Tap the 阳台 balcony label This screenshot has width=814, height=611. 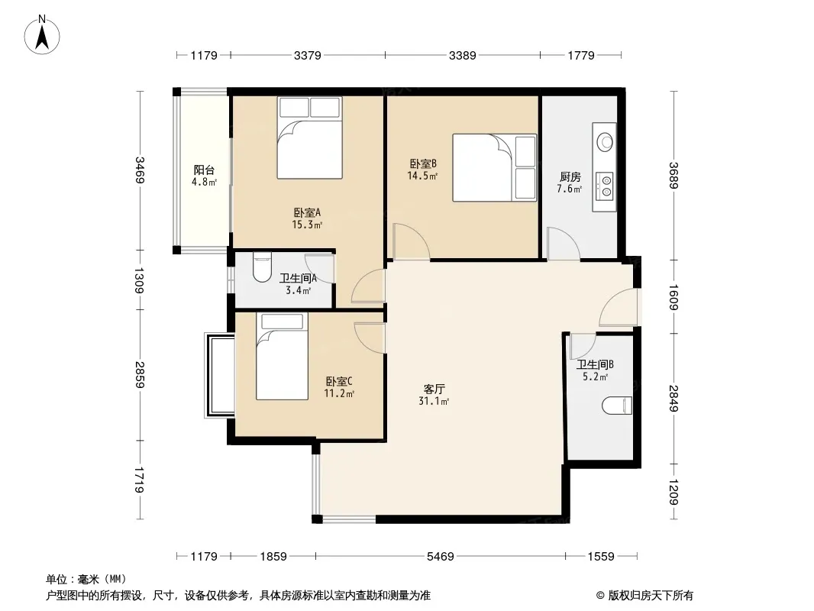[204, 170]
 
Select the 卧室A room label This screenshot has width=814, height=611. [307, 212]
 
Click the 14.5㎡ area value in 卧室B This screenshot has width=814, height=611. [422, 176]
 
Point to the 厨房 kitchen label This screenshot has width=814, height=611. [570, 177]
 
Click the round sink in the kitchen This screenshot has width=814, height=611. [604, 141]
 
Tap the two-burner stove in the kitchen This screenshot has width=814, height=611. [605, 186]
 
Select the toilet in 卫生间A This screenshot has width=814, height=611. [262, 267]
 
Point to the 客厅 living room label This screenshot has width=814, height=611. [434, 389]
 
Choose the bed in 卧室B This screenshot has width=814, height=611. [495, 168]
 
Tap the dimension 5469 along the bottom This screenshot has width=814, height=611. [441, 557]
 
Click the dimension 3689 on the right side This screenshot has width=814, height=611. [673, 176]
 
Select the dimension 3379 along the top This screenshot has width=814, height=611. [307, 55]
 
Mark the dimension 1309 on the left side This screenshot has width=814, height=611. [140, 280]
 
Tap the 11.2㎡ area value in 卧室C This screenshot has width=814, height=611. [339, 393]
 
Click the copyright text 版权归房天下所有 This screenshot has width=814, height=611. [651, 596]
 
